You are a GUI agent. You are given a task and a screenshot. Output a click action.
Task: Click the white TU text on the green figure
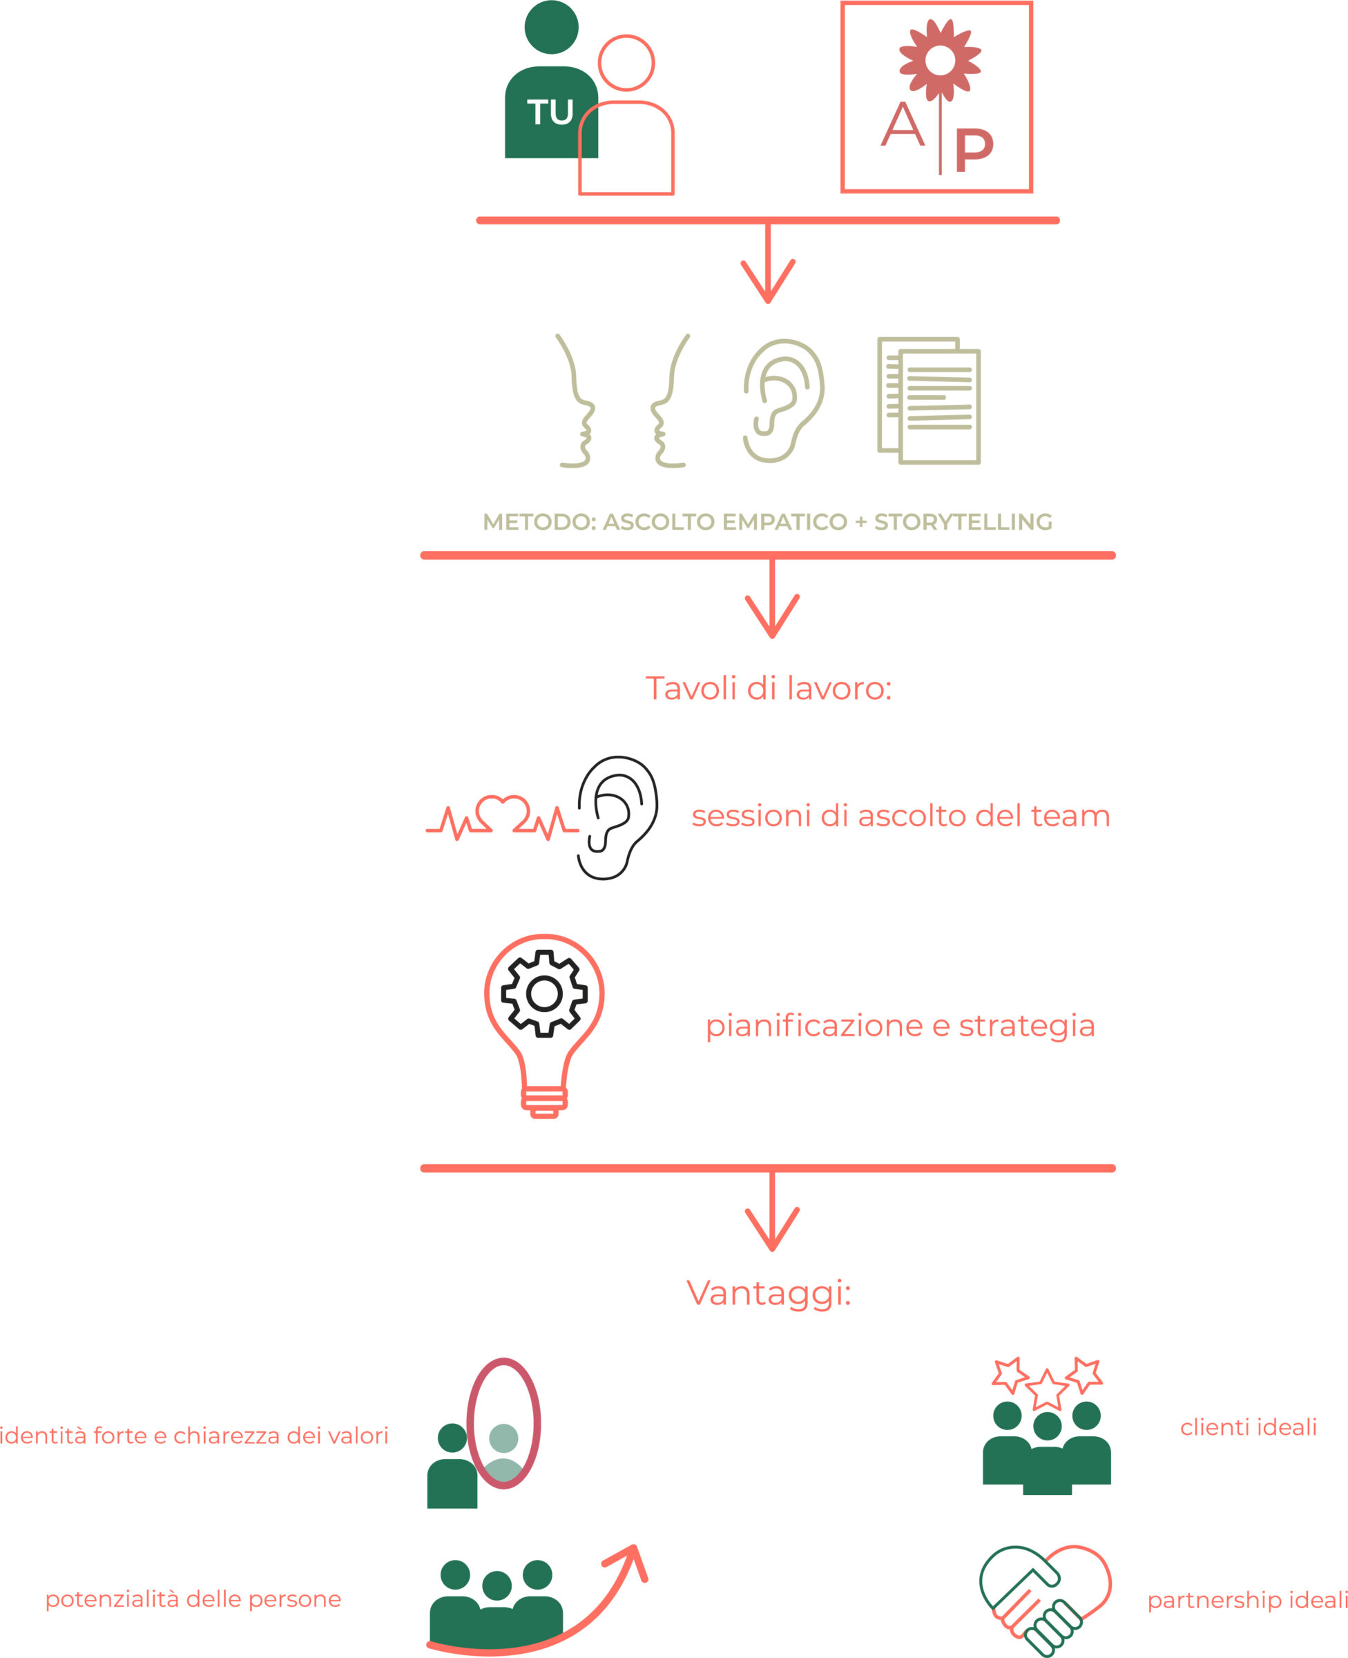coord(550,112)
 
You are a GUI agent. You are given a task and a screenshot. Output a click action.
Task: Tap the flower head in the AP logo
coord(940,60)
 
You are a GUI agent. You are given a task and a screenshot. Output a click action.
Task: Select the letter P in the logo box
coord(974,150)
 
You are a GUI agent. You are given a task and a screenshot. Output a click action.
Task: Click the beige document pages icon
coord(929,400)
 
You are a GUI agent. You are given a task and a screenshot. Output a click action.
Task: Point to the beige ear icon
coord(784,401)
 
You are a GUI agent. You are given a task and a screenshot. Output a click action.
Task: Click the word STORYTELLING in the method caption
coord(963,522)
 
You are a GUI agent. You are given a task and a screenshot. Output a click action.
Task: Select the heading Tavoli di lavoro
coord(768,688)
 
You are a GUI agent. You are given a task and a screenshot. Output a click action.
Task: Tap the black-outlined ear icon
coord(617,818)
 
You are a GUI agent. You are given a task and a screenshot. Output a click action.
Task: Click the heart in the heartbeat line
coord(503,813)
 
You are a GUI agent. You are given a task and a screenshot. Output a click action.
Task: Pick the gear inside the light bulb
coord(544,993)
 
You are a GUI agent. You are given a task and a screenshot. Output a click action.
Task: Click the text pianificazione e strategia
coord(900,1026)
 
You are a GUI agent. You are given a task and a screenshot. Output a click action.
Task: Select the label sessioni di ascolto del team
coord(901,815)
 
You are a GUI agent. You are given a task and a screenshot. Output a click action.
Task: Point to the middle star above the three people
coord(1047,1390)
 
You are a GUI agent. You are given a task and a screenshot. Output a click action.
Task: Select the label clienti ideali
coord(1248,1427)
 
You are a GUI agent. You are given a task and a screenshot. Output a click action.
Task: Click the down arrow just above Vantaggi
coord(772,1211)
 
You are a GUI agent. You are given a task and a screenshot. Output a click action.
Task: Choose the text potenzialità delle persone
coord(193,1599)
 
